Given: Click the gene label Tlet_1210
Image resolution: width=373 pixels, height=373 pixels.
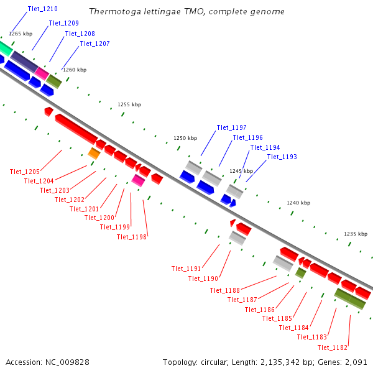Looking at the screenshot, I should (43, 9).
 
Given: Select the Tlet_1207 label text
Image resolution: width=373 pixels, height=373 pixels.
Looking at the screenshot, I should (94, 44).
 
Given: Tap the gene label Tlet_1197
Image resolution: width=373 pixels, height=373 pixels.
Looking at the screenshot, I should (232, 127).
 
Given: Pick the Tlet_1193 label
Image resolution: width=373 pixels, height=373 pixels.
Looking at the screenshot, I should (282, 157).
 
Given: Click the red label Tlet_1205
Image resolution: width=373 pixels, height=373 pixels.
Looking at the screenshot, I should (25, 172).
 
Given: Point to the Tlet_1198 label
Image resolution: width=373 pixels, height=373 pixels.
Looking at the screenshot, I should (132, 237).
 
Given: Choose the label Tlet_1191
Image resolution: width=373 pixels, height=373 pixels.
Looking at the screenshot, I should (186, 269).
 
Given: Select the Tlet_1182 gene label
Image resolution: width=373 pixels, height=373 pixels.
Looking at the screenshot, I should (332, 348).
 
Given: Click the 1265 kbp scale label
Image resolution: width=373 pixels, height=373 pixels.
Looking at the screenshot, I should (21, 34).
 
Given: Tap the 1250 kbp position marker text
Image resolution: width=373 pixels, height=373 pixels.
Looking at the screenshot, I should (185, 138).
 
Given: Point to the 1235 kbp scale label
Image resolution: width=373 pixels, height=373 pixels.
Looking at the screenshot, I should (356, 234).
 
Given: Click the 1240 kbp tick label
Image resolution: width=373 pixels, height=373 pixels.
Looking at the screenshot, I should (298, 203).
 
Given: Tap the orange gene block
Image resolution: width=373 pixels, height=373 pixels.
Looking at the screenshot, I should (94, 153).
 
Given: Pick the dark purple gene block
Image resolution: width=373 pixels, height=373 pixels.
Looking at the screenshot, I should (24, 62).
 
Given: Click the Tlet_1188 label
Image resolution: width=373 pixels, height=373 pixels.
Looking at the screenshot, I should (225, 290).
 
